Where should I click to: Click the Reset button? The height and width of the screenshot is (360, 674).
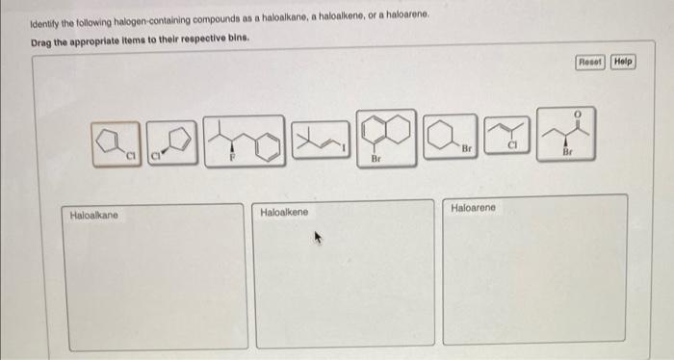coord(589,62)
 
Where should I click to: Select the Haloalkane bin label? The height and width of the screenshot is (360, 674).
coord(93,216)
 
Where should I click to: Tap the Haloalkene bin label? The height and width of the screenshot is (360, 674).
coord(285,212)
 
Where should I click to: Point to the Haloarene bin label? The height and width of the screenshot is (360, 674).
coord(475,208)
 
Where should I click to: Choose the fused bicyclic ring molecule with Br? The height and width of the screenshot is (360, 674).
coord(387,140)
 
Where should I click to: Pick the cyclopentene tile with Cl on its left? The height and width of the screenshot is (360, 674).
coord(171,142)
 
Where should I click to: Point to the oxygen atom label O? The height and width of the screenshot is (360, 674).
coord(577,115)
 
